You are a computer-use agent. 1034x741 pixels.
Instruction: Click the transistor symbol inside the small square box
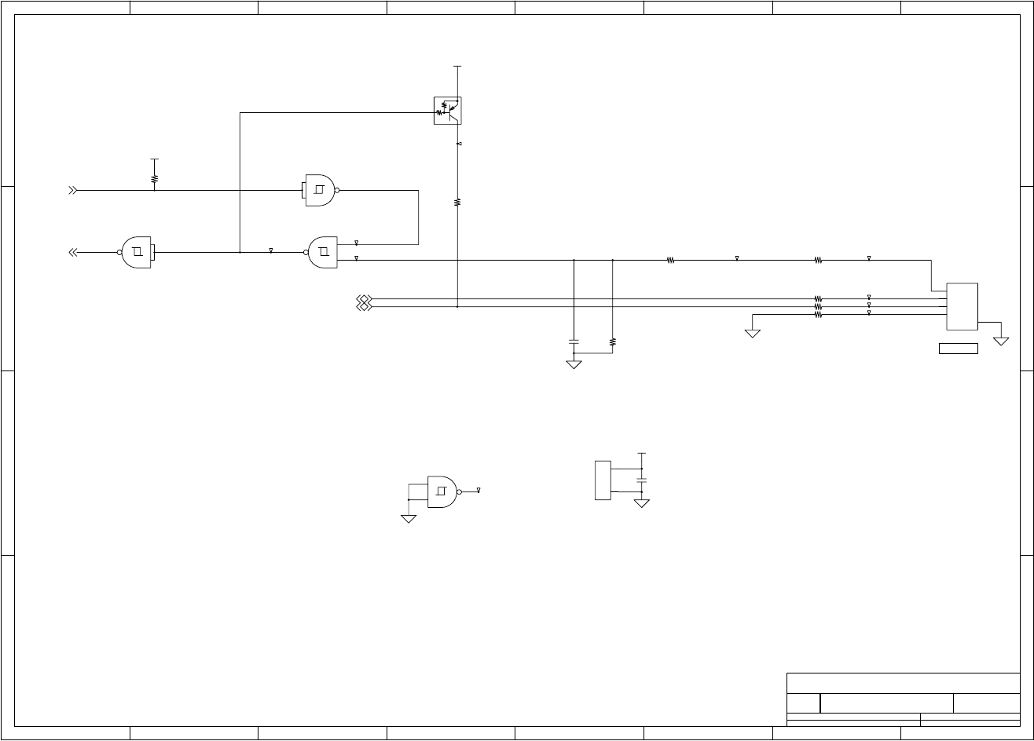448,110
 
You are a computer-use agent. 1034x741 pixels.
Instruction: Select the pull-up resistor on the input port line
155,179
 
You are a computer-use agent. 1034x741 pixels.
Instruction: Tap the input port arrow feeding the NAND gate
73,190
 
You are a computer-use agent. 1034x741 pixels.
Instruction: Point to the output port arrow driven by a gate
73,252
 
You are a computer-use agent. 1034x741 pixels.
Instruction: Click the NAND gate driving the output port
137,252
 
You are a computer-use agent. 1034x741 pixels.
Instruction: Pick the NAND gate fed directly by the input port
320,190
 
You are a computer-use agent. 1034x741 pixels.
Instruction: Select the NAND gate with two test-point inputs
323,252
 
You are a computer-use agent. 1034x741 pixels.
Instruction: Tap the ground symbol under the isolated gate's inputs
409,519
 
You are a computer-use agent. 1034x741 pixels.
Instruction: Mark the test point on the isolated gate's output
478,491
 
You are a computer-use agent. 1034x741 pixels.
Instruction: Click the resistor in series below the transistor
457,203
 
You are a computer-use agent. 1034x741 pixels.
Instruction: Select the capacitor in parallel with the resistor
574,342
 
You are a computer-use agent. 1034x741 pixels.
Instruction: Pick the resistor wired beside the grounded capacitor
613,342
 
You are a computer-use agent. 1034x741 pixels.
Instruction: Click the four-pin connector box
962,306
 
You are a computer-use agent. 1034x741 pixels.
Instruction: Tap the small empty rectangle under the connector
958,349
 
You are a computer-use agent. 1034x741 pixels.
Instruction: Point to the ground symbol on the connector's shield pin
1001,341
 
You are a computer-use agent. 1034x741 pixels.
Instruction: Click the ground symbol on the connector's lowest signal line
753,334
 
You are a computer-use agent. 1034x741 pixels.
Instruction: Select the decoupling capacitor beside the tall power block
642,479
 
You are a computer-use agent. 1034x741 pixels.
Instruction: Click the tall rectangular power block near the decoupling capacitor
603,480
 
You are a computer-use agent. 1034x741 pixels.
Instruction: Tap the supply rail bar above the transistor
457,67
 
